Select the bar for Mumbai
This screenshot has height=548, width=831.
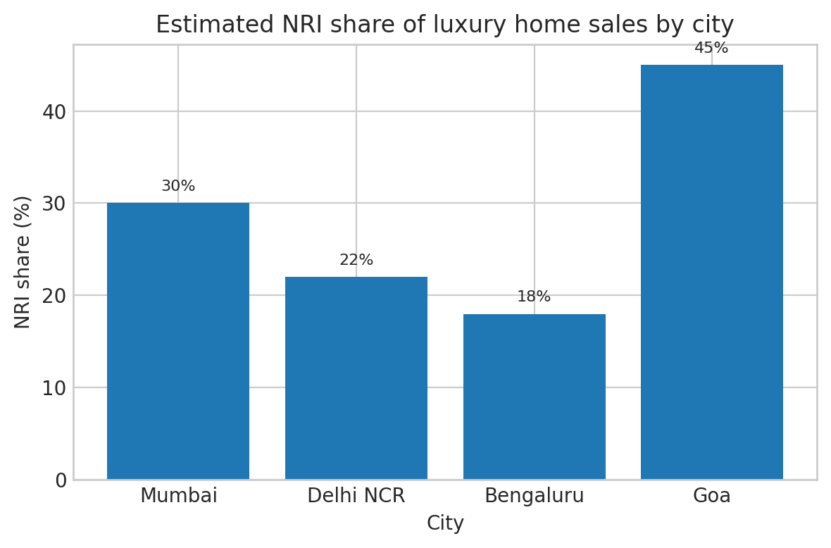tap(178, 341)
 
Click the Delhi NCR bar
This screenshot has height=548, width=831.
tap(356, 378)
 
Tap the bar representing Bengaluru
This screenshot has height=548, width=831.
tap(535, 397)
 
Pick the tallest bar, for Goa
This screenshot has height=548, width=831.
tap(712, 272)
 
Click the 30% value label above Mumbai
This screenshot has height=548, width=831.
tap(178, 187)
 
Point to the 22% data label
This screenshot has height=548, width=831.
tap(356, 261)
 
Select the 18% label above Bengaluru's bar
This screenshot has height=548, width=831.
tap(534, 297)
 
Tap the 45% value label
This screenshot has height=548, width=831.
tap(711, 49)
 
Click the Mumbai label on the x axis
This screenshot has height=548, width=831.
tap(179, 496)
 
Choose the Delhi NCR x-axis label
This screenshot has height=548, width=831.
tap(356, 496)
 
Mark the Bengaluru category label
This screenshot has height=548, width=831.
tap(535, 496)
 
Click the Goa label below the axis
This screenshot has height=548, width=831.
tap(712, 496)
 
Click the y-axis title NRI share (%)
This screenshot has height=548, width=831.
tap(23, 262)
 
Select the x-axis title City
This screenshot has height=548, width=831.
tap(445, 523)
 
